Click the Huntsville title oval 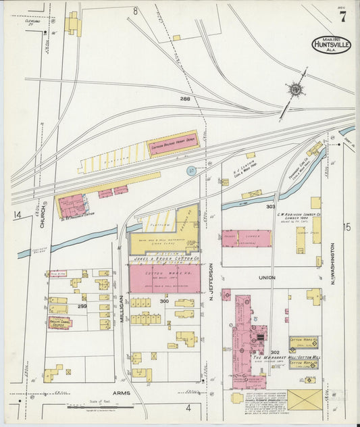[x=331, y=45]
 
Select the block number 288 [x=185, y=99]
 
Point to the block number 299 [x=82, y=306]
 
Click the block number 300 [x=163, y=301]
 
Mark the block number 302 [x=275, y=352]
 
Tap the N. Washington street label [x=332, y=263]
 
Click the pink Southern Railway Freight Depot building [x=172, y=143]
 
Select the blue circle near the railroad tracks [x=191, y=171]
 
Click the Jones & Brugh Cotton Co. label [x=164, y=259]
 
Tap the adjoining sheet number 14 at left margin [x=16, y=215]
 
